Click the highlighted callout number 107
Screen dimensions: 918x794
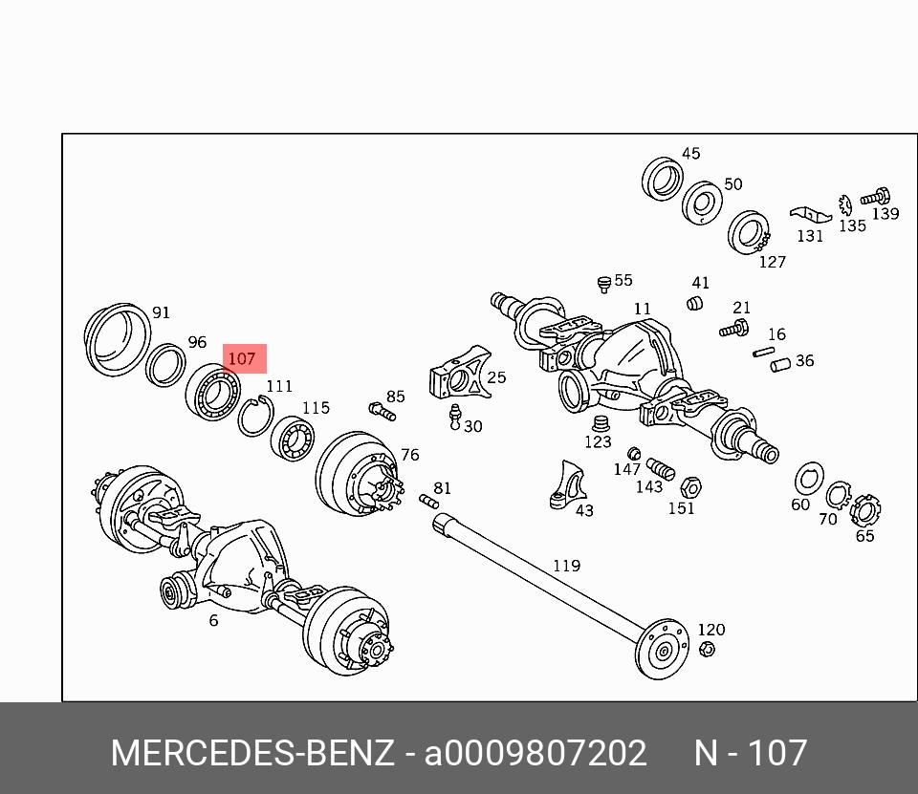point(242,358)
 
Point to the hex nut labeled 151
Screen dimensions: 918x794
point(690,487)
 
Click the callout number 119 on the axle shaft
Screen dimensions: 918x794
point(567,566)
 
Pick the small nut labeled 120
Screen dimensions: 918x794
point(707,649)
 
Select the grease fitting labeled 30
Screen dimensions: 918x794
point(454,418)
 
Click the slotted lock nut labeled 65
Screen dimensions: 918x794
point(865,510)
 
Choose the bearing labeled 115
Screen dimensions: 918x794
point(293,439)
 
